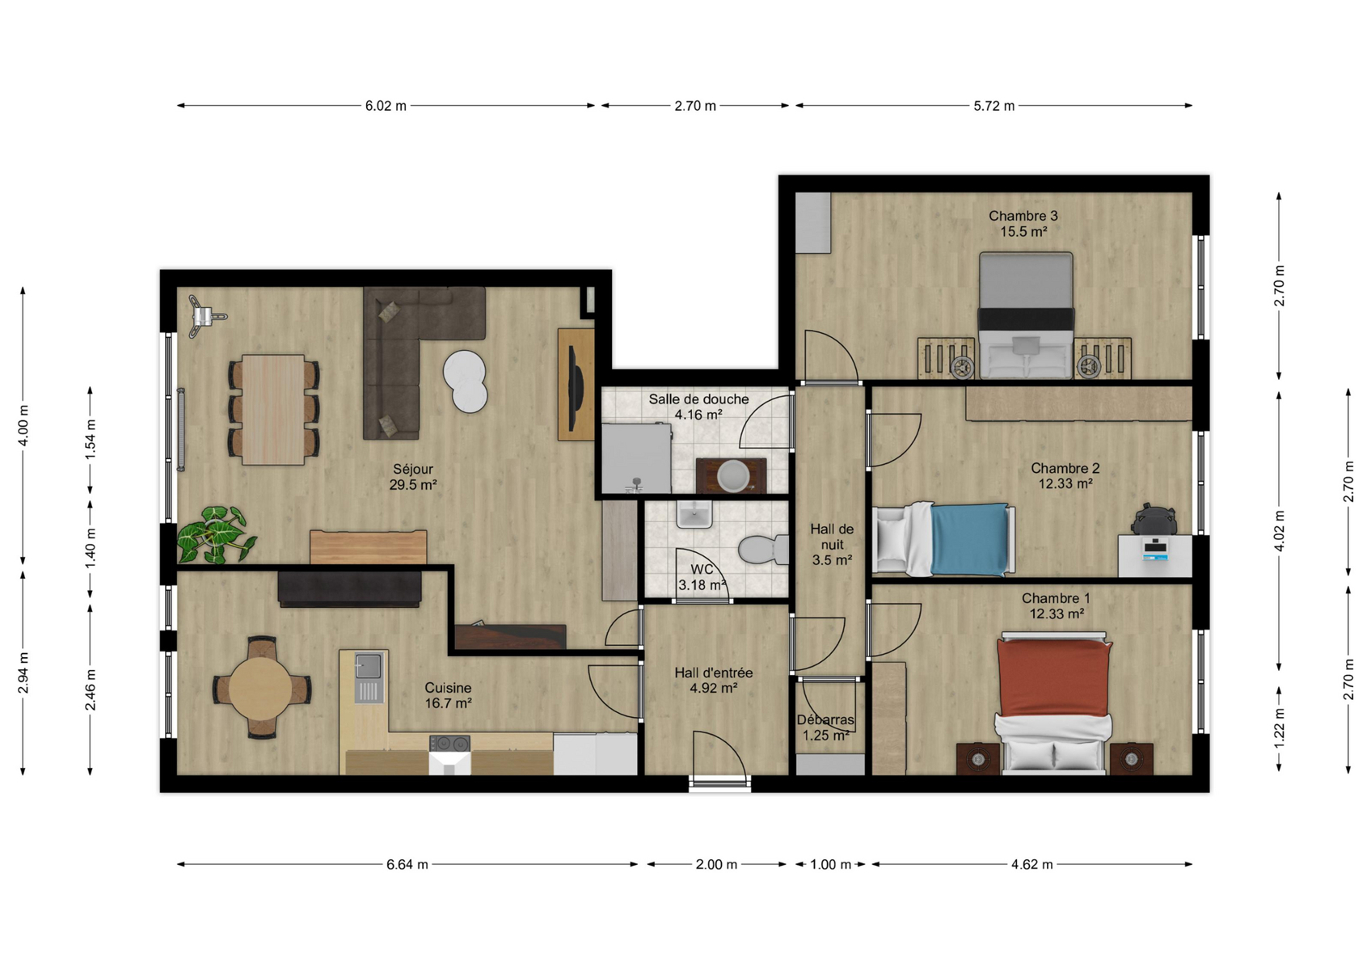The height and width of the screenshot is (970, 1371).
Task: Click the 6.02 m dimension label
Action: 386,106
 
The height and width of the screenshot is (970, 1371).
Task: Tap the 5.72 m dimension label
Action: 994,106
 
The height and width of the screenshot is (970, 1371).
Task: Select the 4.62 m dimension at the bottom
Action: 1032,864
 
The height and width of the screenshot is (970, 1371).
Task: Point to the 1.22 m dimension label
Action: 1279,728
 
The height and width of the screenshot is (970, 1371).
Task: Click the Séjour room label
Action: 413,470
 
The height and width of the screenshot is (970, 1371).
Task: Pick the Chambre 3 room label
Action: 1023,216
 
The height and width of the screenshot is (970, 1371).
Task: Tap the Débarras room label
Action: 825,720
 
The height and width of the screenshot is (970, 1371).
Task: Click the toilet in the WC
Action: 764,549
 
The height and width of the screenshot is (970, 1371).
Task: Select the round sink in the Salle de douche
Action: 732,475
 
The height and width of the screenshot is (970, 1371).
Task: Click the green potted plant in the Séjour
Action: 216,534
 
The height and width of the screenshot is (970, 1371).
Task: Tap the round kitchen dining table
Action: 261,687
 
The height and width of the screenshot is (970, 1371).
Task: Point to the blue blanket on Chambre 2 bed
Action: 969,539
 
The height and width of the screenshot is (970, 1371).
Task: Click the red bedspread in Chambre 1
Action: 1054,677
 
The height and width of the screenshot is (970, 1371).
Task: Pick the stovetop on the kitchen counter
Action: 449,743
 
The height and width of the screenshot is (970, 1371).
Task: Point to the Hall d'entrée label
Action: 714,673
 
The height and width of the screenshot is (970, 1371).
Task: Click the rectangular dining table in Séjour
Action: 273,409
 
